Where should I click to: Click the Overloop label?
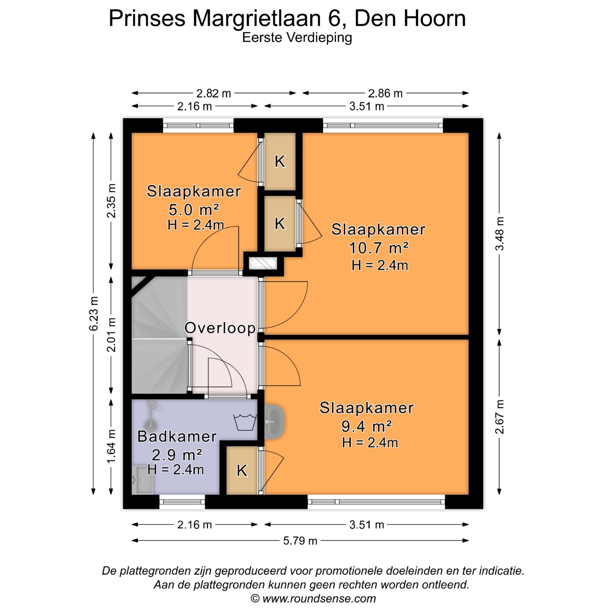[220, 328]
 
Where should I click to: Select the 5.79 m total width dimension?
[300, 540]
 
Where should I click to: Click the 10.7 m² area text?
[378, 248]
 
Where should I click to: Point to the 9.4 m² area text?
[366, 426]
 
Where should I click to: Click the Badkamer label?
[177, 436]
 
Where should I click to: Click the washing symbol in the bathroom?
[245, 422]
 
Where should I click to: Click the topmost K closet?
[280, 161]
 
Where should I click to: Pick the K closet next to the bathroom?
[242, 470]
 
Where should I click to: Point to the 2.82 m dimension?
[213, 93]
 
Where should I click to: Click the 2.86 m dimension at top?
[385, 93]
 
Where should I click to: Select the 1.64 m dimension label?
[111, 446]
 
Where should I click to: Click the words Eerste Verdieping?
[297, 38]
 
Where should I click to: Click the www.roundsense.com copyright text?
[313, 598]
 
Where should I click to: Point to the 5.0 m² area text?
[193, 210]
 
